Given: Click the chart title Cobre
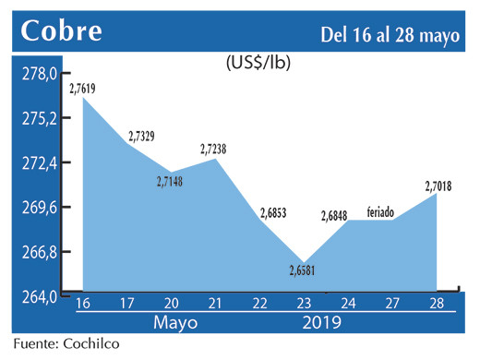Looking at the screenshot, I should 62,32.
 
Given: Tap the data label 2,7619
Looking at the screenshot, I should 83,89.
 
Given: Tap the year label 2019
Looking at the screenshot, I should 320,324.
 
